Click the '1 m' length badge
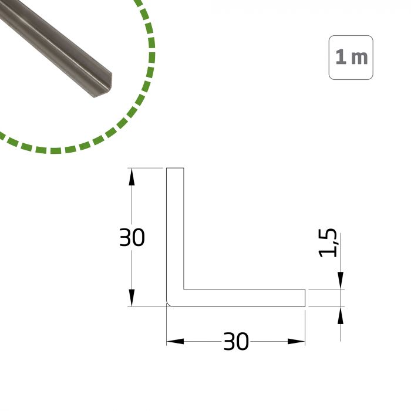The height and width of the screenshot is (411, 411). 351,58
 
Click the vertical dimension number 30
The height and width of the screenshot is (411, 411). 132,237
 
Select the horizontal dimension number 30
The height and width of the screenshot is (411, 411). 236,341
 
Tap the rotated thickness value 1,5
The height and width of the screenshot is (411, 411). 328,243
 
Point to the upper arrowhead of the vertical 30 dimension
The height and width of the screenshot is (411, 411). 132,177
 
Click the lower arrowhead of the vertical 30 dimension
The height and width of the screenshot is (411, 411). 132,298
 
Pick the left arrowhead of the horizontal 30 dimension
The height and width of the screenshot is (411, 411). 175,341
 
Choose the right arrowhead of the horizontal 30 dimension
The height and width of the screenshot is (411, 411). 297,341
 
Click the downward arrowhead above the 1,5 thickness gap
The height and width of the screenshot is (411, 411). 340,281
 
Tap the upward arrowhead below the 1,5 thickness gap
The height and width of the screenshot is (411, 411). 340,315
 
